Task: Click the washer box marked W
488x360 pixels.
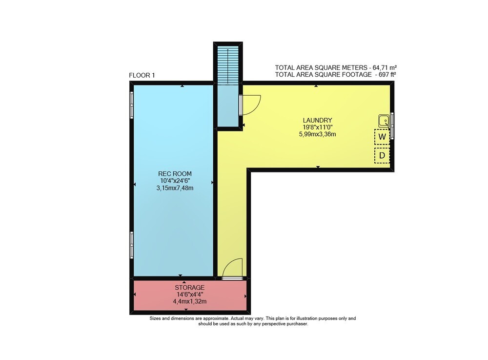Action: pos(382,136)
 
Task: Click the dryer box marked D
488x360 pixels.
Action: pos(382,155)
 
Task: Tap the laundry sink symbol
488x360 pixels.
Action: pos(384,120)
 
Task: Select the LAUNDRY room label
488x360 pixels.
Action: pos(318,120)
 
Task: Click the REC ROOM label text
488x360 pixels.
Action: pos(175,174)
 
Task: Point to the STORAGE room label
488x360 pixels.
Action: pos(189,287)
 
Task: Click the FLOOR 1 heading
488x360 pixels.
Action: pos(142,75)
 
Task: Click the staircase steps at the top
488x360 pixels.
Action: pos(228,65)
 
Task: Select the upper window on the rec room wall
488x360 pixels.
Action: pos(132,105)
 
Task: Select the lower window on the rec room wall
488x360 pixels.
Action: pos(132,245)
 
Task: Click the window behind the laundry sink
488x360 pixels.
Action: pos(392,126)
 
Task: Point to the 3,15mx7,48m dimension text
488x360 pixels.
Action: pos(175,188)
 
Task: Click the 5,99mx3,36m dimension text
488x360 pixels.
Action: pos(318,134)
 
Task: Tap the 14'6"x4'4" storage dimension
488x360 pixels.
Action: pos(190,294)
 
